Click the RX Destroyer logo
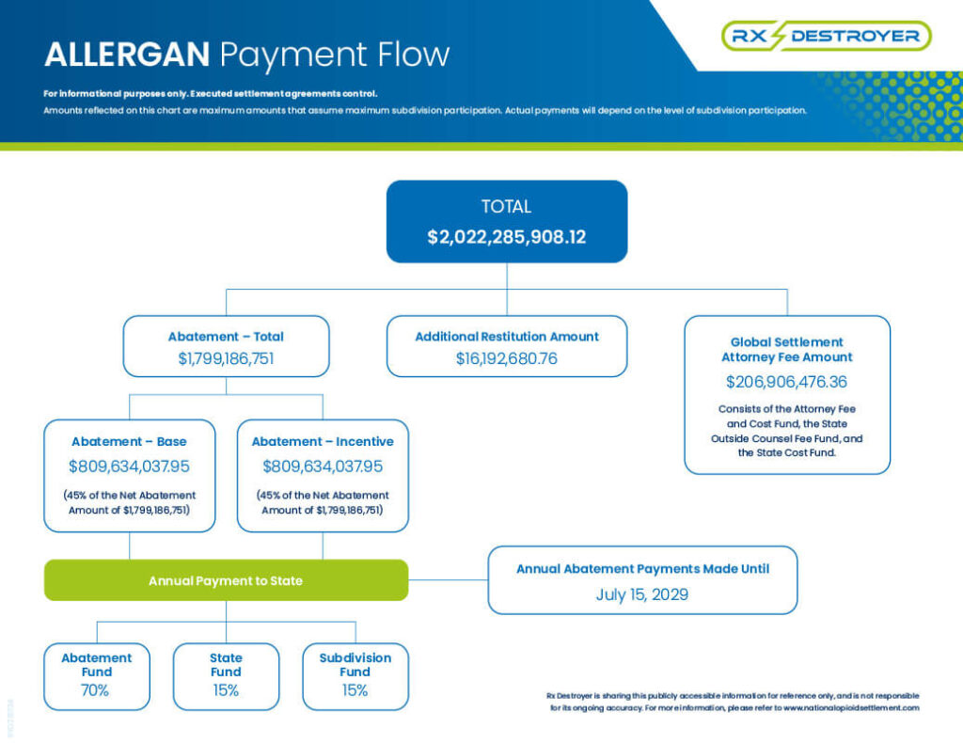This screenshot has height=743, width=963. [x=826, y=36]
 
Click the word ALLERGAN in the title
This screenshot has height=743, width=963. [x=127, y=54]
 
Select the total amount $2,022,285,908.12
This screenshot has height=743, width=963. [x=507, y=237]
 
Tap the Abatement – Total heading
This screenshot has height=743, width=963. [x=226, y=337]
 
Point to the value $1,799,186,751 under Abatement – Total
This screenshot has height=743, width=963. [x=226, y=358]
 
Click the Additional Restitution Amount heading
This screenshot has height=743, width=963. [x=507, y=337]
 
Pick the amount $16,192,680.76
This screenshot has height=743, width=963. [x=507, y=358]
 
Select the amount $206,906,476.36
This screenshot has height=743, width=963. [x=787, y=382]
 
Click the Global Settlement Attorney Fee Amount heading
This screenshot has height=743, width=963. [x=787, y=349]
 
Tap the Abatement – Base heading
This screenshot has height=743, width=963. [x=129, y=441]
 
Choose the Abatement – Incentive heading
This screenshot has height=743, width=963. [x=323, y=441]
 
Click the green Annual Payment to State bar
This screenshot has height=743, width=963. [x=226, y=580]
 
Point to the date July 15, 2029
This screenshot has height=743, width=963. [x=641, y=594]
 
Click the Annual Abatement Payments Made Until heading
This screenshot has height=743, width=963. [x=642, y=569]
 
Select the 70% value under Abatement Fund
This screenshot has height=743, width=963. [x=95, y=690]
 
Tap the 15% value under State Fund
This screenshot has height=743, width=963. [x=226, y=690]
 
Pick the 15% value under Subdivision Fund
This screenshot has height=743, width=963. [x=355, y=690]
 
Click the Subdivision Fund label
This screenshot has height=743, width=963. [x=355, y=664]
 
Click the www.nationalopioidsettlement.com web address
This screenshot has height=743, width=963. [x=851, y=708]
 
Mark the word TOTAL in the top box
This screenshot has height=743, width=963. [x=506, y=206]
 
